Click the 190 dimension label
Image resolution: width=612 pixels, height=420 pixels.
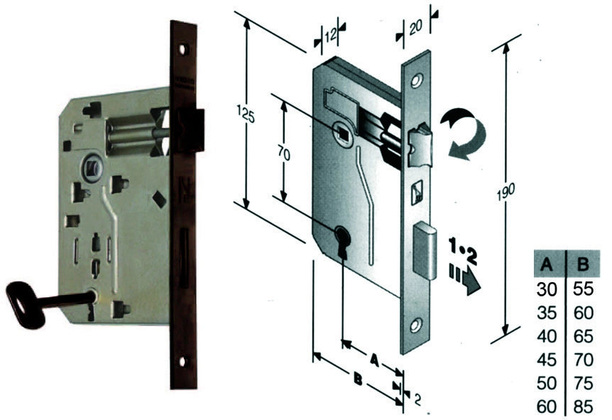(x=506, y=191)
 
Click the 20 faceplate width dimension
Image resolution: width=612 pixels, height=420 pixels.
(x=415, y=28)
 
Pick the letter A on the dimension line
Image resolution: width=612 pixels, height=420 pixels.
(x=374, y=360)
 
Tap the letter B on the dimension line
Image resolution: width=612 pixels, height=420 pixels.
(x=356, y=378)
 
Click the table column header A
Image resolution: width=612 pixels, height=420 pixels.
(x=547, y=264)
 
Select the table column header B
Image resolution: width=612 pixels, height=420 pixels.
(x=583, y=264)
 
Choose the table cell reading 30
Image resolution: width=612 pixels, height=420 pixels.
(x=547, y=290)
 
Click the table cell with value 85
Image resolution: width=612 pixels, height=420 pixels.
(x=584, y=406)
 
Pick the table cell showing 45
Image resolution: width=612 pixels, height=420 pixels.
(x=547, y=360)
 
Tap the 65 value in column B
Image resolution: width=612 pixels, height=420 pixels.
(x=584, y=336)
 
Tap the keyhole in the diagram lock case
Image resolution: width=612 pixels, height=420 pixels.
(x=342, y=239)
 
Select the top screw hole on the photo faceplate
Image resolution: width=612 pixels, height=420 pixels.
(x=183, y=50)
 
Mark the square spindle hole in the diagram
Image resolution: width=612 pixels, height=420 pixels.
(x=343, y=133)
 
